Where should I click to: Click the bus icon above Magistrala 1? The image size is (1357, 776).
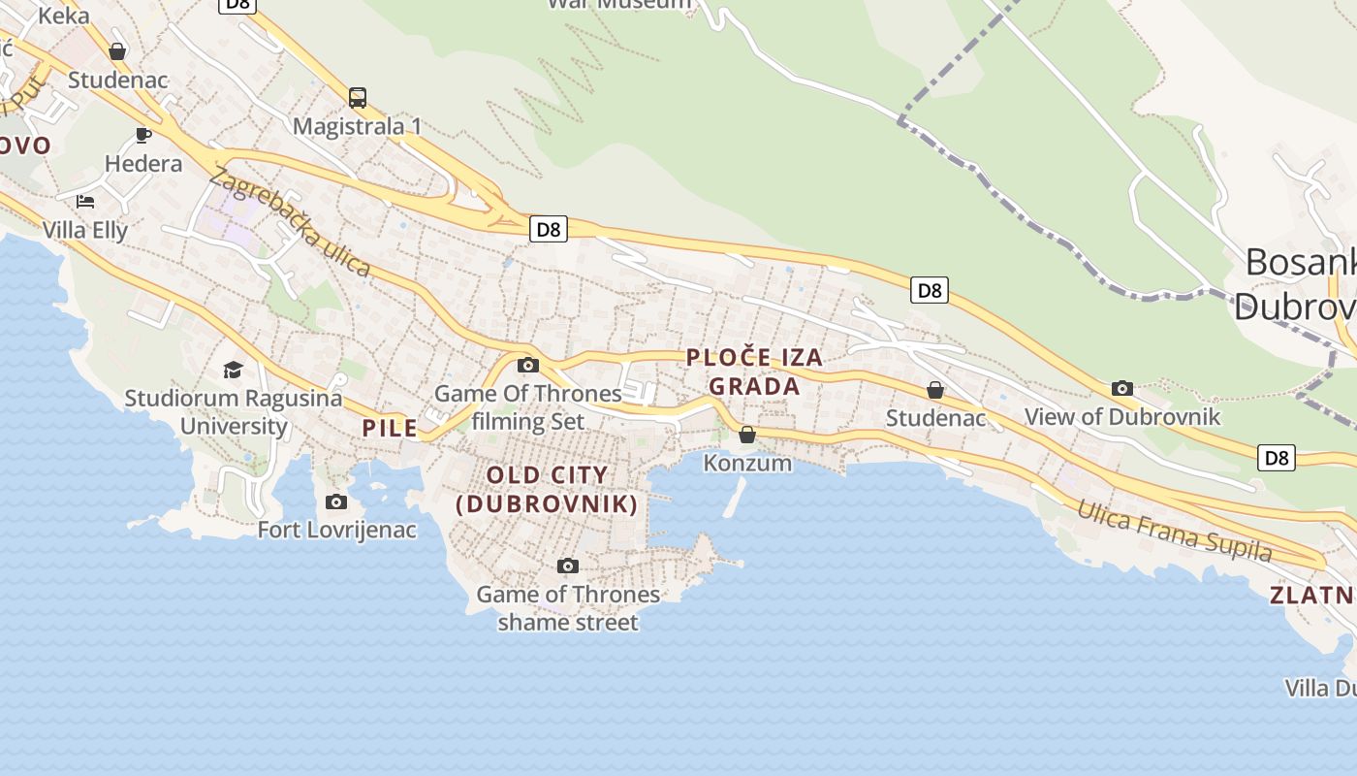pos(358,97)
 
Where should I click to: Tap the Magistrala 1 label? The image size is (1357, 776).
pos(358,126)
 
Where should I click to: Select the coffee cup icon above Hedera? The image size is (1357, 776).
pos(143,135)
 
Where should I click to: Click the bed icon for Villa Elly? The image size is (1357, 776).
pos(85,202)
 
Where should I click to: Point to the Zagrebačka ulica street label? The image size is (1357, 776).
pos(290,222)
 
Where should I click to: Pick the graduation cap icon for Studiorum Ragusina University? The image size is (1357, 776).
pos(233,370)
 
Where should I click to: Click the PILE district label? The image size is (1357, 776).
pos(390,428)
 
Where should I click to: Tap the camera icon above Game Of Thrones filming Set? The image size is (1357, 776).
pos(528,365)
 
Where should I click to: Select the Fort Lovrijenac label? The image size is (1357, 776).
pos(336,530)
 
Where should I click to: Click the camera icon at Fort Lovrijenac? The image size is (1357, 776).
pos(336,501)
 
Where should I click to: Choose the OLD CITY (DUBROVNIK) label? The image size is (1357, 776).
pos(548,489)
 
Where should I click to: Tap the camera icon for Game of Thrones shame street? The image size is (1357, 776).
pos(568,566)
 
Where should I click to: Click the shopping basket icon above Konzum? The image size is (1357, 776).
pos(747,434)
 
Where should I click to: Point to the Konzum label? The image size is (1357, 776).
pos(747,463)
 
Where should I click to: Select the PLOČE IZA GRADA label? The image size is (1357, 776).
pos(754,372)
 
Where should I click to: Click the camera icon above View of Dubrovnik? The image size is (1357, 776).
pos(1122,388)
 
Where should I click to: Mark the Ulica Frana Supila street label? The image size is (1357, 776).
pos(1174,531)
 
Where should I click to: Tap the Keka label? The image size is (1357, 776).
pos(64,15)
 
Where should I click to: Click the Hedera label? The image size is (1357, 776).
pos(143,163)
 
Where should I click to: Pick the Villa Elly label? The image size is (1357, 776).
pos(85,230)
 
